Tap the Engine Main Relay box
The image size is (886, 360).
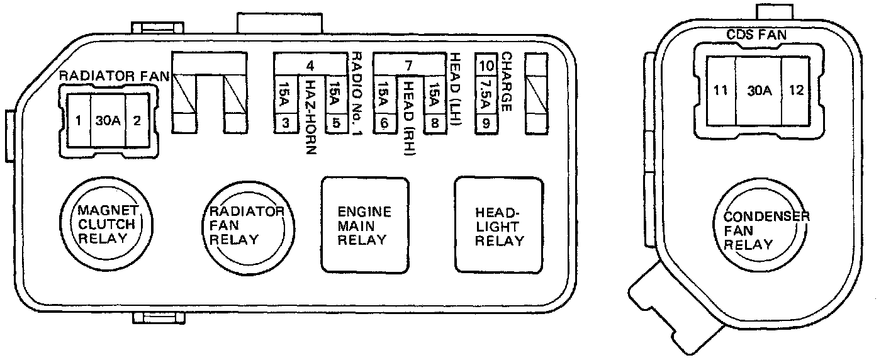pyautogui.click(x=364, y=225)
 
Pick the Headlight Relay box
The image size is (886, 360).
pyautogui.click(x=500, y=225)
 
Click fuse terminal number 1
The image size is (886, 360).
pyautogui.click(x=77, y=120)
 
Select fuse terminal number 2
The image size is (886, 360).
pyautogui.click(x=136, y=120)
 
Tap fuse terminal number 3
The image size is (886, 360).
pyautogui.click(x=285, y=123)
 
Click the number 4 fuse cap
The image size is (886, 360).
pyautogui.click(x=310, y=65)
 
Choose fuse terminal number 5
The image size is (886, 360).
pyautogui.click(x=336, y=123)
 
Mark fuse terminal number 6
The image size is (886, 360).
pyautogui.click(x=384, y=123)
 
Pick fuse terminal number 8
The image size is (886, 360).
pyautogui.click(x=434, y=123)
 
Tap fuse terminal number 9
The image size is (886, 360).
pyautogui.click(x=486, y=123)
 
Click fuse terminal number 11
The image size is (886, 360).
pyautogui.click(x=721, y=90)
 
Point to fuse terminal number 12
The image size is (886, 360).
pyautogui.click(x=796, y=90)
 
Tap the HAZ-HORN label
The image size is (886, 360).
pyautogui.click(x=310, y=117)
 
